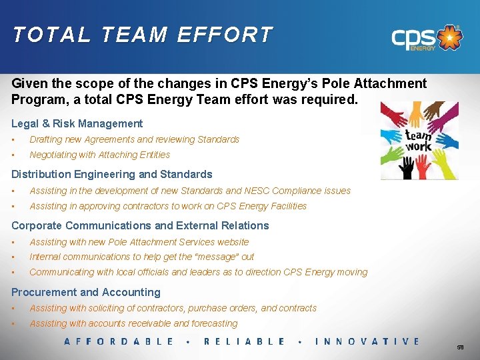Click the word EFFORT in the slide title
coord(225,35)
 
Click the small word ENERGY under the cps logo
coord(423,48)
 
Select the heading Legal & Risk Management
coord(77,123)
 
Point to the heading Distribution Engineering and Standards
coord(112,174)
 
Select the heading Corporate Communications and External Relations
coord(140,225)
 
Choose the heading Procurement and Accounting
coord(86,292)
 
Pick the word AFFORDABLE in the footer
coord(119,341)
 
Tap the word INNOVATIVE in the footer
coord(367,341)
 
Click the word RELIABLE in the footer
coord(244,341)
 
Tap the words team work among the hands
coord(419,139)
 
